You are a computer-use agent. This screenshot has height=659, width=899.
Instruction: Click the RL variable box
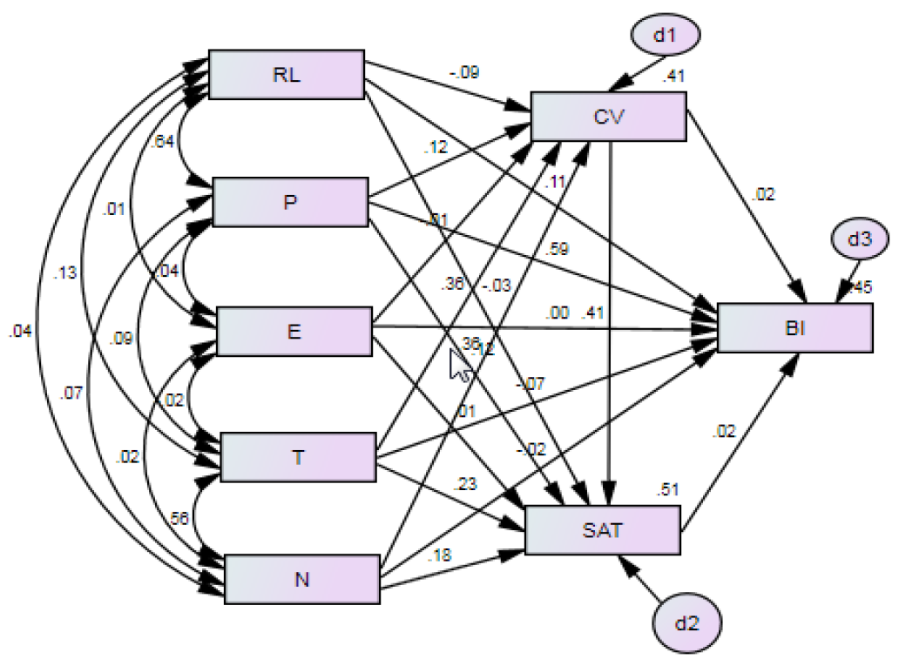click(x=286, y=74)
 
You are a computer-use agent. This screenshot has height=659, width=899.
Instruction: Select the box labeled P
click(x=290, y=202)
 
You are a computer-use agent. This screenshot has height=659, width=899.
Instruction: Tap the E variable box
click(x=294, y=331)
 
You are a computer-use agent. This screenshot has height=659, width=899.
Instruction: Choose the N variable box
click(x=301, y=578)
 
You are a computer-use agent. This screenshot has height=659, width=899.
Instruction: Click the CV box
click(x=607, y=117)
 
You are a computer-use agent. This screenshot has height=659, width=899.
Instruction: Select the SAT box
click(x=602, y=529)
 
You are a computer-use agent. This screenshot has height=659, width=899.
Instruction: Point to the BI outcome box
click(x=794, y=328)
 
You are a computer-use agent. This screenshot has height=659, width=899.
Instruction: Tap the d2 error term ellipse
click(x=689, y=623)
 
